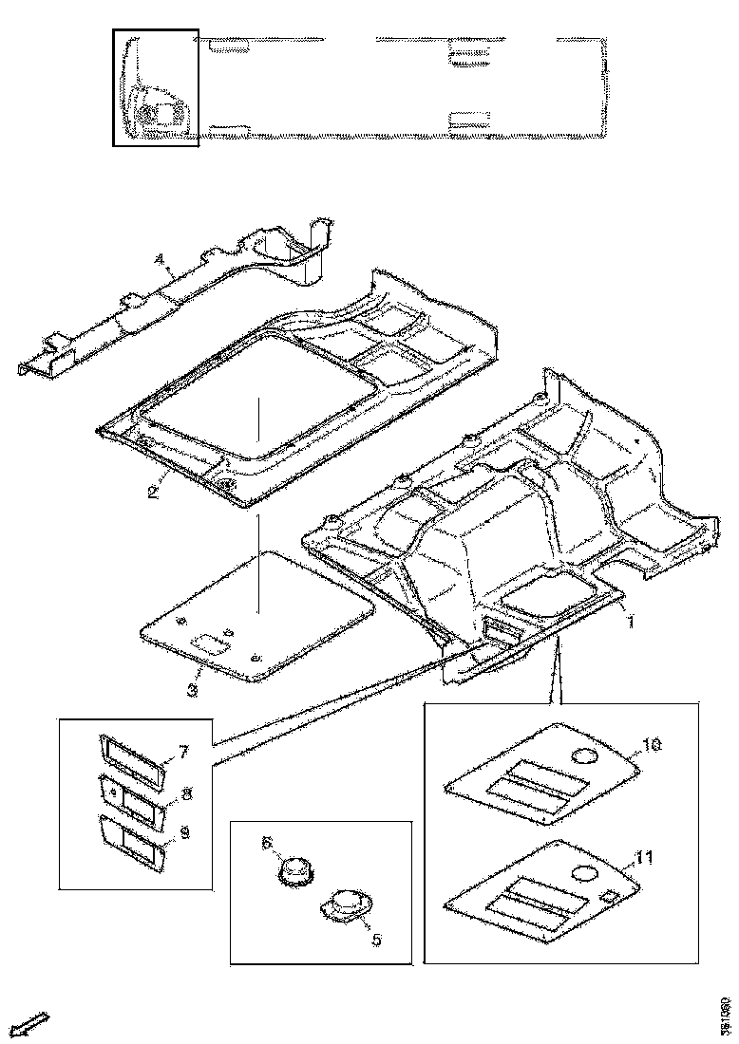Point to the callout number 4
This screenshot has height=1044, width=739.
coord(160,258)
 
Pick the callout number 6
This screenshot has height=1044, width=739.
coord(267,842)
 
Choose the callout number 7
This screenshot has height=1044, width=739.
coord(184,753)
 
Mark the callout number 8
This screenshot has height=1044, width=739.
coord(186,792)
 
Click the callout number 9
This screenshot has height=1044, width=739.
coord(184,832)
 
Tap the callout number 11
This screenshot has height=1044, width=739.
coord(645,859)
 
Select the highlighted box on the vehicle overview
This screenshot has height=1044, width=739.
coord(155,87)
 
